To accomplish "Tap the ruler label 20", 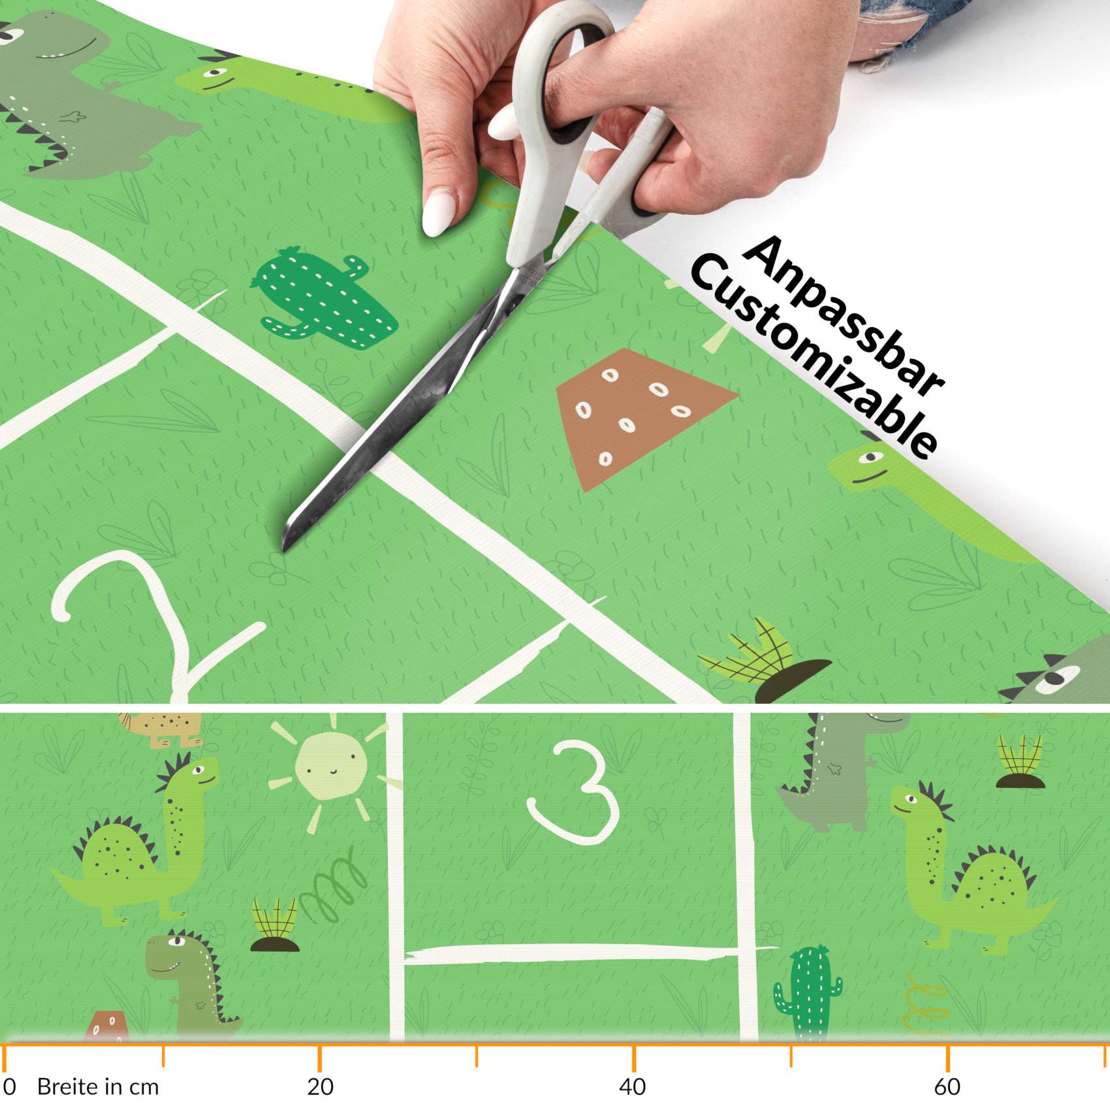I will click(x=320, y=1086).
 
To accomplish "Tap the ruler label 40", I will click(x=632, y=1086).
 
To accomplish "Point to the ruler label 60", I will click(x=947, y=1086).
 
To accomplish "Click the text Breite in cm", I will click(x=98, y=1086).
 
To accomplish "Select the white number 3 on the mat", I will click(x=575, y=790).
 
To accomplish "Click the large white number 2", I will click(x=150, y=620).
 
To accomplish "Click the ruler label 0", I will click(x=9, y=1086).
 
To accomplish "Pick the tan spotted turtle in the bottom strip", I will click(x=163, y=726).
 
